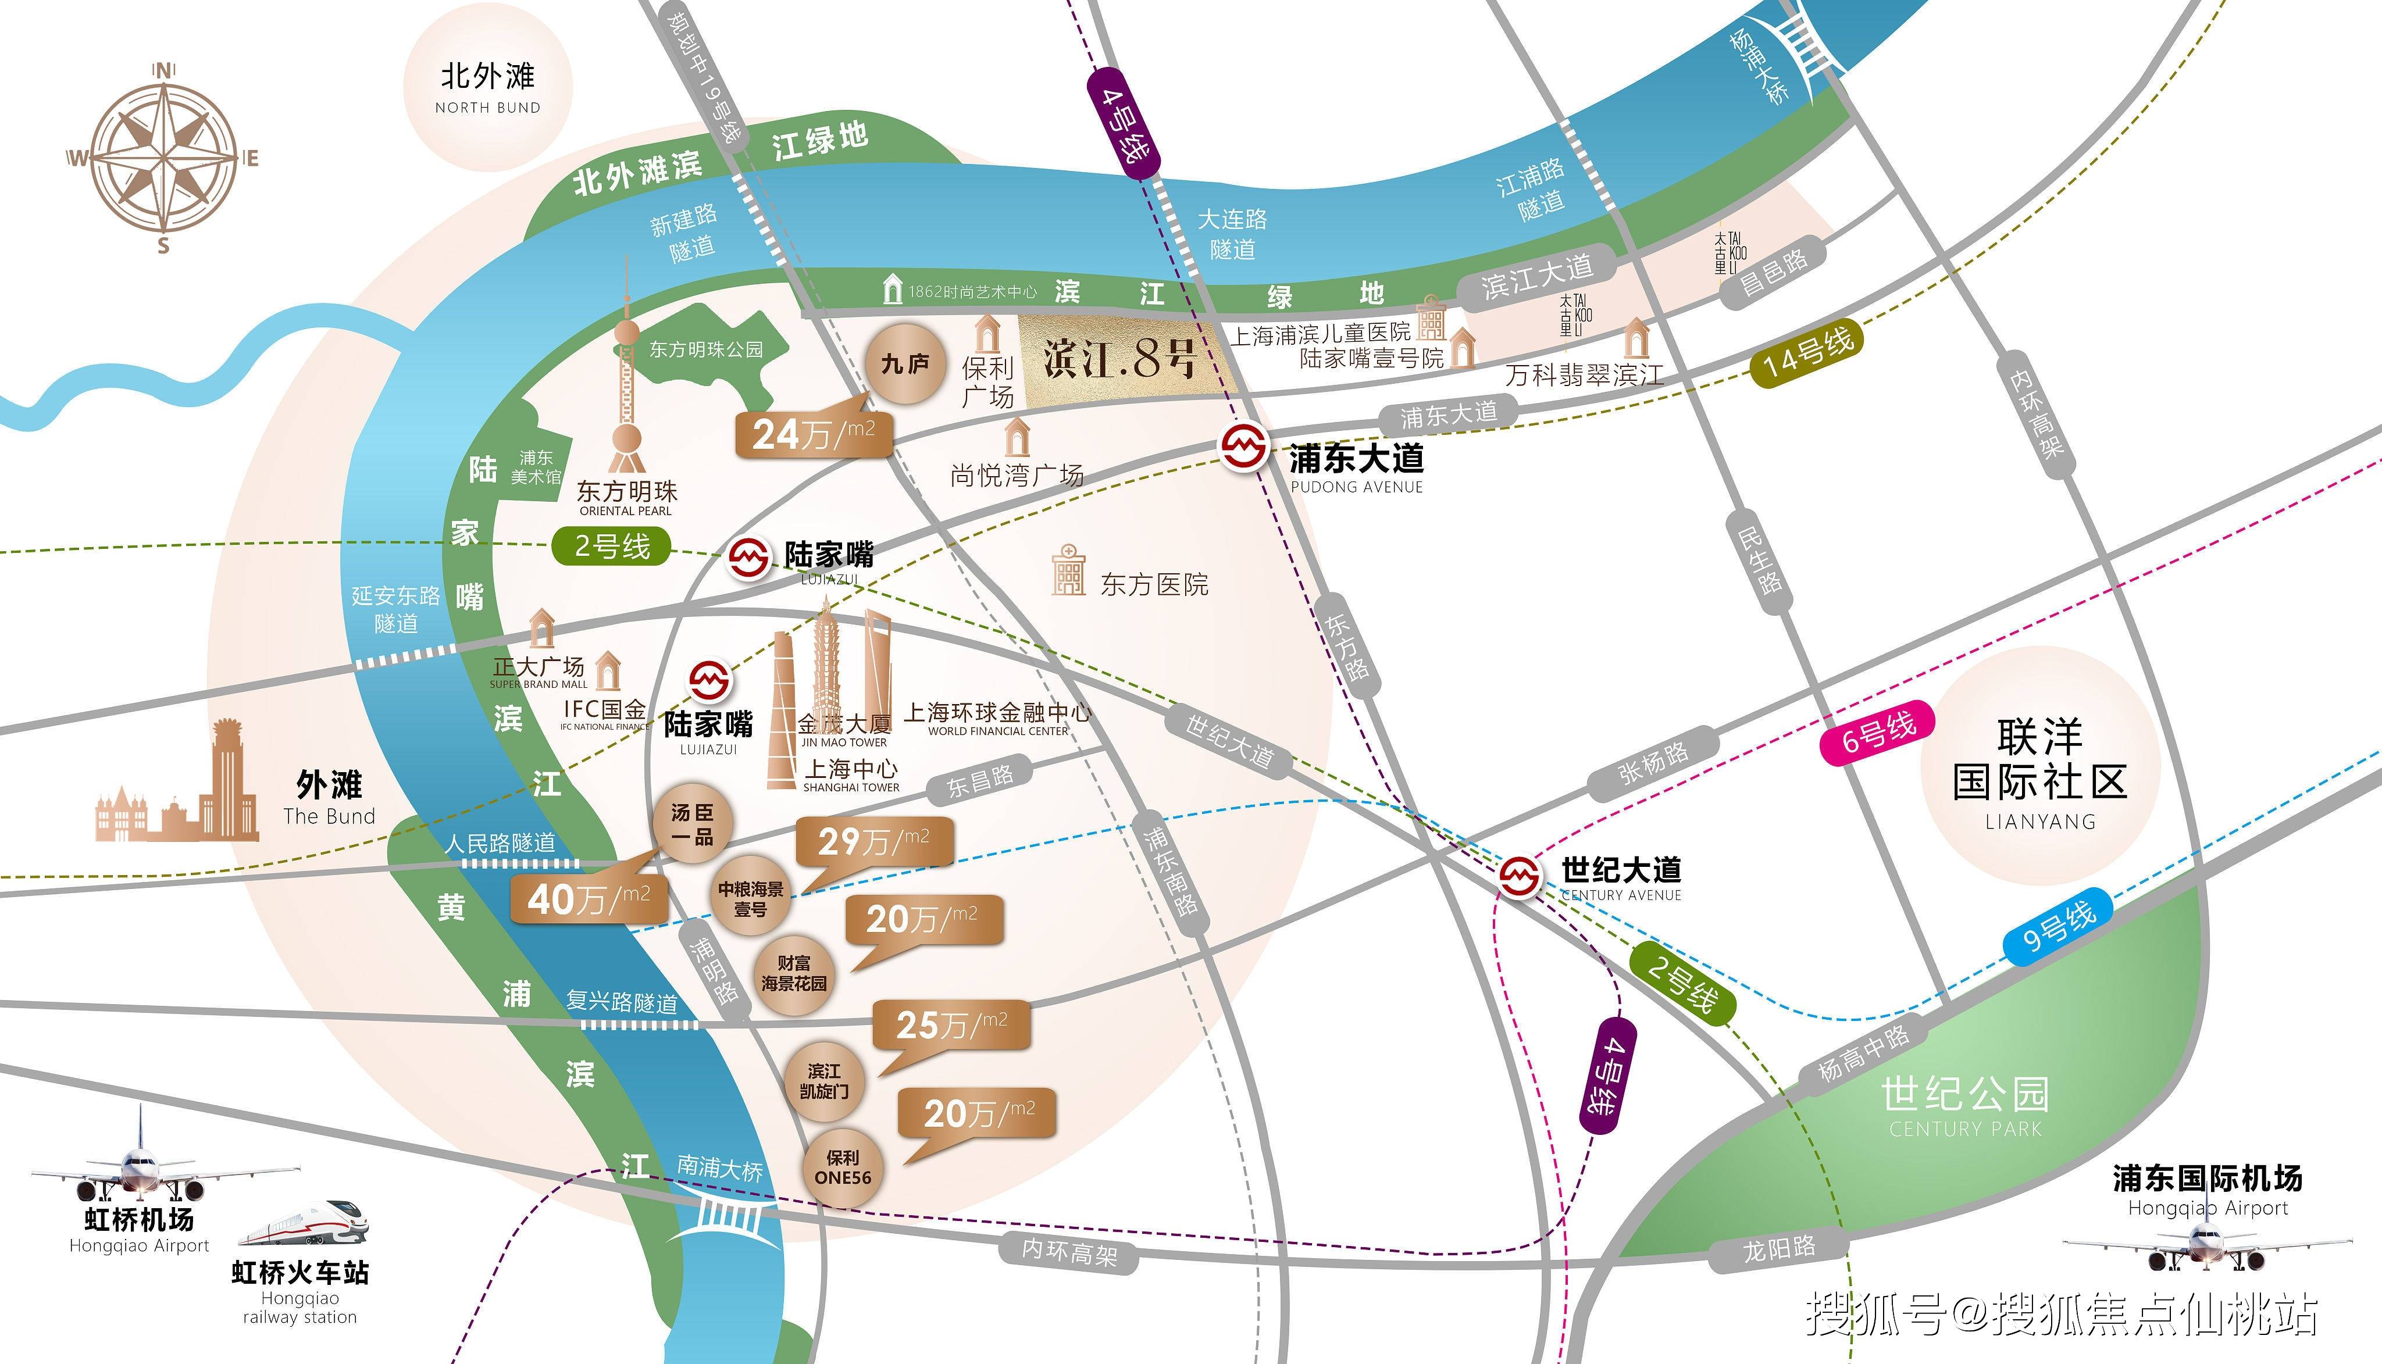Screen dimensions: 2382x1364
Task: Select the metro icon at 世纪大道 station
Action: pyautogui.click(x=1519, y=876)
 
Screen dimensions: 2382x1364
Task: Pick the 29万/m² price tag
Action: pyautogui.click(x=873, y=841)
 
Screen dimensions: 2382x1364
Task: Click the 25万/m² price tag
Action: pyautogui.click(x=951, y=1025)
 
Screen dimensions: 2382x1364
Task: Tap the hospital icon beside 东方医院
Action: pyautogui.click(x=1068, y=570)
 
